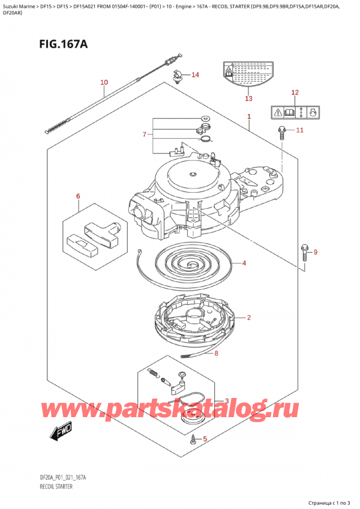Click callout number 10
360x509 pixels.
(104, 82)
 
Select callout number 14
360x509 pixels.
(194, 75)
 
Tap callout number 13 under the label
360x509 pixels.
(248, 98)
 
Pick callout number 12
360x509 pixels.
(294, 92)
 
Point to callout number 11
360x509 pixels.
(299, 130)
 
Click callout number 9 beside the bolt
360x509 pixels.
(316, 251)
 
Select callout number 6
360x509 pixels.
(77, 196)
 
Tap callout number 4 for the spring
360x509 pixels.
(244, 263)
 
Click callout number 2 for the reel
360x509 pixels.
(248, 317)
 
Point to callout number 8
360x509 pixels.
(217, 353)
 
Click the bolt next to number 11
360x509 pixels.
(281, 133)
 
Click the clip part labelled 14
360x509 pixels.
(178, 77)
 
